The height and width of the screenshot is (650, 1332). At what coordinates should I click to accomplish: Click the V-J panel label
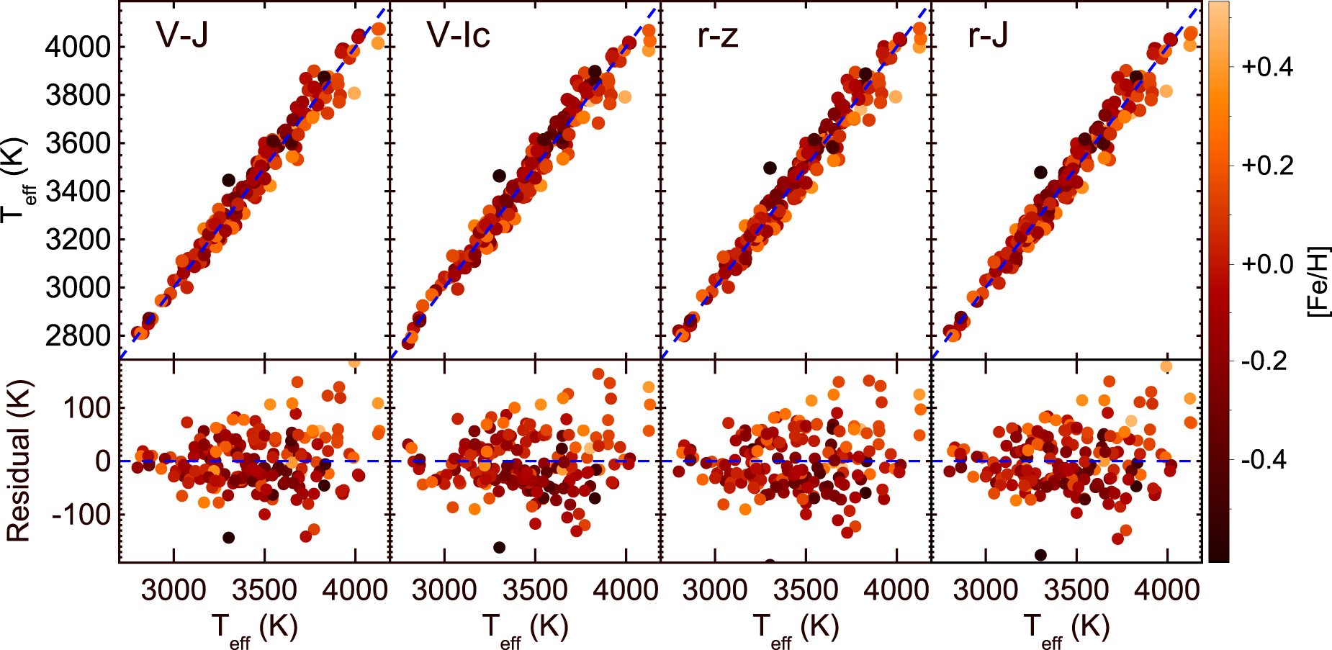182,35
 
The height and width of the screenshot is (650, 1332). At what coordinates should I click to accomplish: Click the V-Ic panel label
459,35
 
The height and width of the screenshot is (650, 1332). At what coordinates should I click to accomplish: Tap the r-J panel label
988,35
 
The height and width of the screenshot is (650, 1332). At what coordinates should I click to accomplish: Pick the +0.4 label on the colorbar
1267,68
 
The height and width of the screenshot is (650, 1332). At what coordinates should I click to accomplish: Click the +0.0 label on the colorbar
1267,264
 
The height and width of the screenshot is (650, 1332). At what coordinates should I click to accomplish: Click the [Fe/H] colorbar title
1318,281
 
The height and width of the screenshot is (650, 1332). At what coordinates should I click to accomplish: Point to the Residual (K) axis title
18,461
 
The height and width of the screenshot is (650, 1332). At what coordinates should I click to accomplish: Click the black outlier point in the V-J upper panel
229,180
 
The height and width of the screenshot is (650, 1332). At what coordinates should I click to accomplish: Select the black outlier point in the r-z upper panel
770,168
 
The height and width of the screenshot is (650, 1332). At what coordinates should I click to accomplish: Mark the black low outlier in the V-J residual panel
229,538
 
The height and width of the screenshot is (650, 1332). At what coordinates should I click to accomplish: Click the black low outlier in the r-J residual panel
1040,555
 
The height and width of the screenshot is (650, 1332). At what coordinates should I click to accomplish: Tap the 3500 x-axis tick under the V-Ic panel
535,590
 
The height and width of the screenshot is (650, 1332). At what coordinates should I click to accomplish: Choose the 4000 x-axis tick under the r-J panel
1167,590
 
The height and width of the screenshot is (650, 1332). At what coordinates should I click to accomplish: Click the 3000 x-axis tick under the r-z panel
715,590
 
